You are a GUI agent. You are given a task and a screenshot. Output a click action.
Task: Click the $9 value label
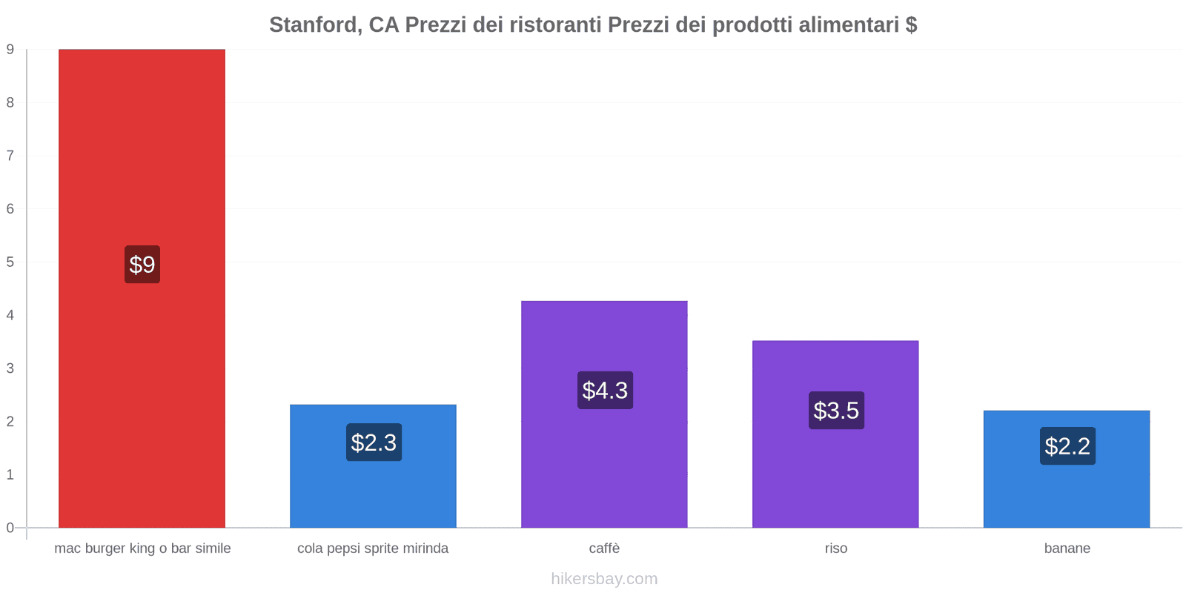click(142, 265)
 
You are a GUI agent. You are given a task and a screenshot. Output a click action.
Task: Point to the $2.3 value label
click(374, 443)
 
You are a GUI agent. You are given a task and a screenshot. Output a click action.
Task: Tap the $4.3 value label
click(605, 391)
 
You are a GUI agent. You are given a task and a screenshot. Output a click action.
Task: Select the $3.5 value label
click(836, 411)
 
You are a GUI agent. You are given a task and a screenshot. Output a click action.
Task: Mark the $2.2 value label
click(1067, 446)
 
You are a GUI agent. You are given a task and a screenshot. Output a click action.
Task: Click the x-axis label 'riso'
click(835, 549)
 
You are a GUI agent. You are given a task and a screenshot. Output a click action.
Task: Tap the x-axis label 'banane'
click(1067, 549)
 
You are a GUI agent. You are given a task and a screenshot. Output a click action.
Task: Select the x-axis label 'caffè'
click(604, 549)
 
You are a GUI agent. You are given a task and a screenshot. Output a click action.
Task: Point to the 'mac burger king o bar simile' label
click(142, 549)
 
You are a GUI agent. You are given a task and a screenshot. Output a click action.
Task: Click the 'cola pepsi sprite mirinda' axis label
click(373, 549)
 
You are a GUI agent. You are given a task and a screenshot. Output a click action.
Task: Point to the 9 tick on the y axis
click(10, 50)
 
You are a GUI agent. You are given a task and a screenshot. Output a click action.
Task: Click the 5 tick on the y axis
click(10, 262)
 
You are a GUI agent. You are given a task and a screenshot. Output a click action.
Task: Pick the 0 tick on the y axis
click(10, 528)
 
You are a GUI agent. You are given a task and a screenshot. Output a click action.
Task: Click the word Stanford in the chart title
click(315, 25)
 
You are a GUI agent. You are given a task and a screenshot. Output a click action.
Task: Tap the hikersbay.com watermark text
click(604, 579)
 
